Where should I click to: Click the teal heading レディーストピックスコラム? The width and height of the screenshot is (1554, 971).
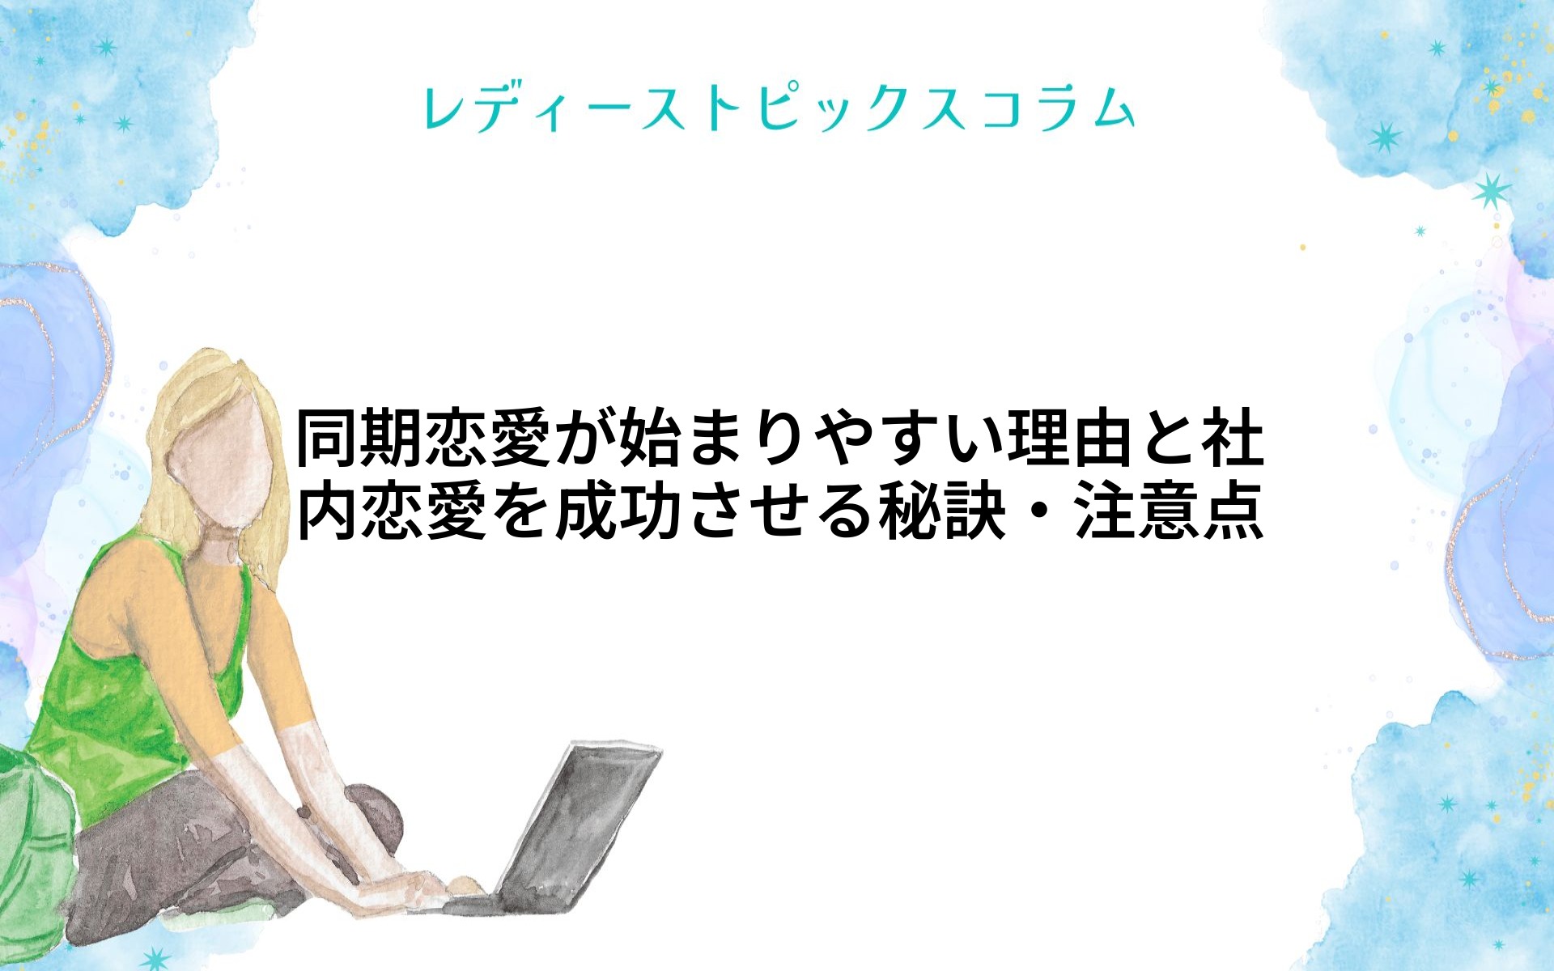click(779, 109)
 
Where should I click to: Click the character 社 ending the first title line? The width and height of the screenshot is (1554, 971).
click(1233, 439)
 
